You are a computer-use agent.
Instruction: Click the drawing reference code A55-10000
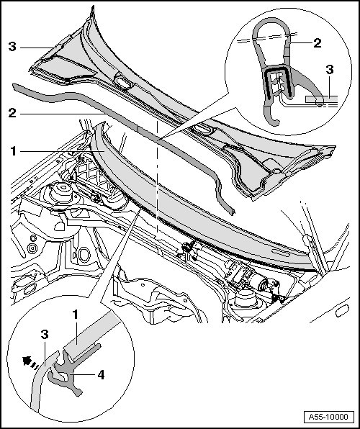tap(328, 417)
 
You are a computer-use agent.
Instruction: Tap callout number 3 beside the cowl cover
tap(12, 47)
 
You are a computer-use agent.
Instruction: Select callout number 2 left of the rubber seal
tap(12, 113)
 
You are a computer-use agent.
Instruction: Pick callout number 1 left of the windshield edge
tap(13, 151)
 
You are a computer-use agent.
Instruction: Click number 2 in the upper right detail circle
tap(318, 43)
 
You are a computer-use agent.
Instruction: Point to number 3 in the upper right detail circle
tap(330, 70)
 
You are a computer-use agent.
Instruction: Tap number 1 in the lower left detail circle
tap(76, 315)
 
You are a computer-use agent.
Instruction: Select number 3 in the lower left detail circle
tap(45, 334)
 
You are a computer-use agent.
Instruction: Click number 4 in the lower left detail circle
tap(101, 375)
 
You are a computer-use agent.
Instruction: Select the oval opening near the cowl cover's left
tap(123, 82)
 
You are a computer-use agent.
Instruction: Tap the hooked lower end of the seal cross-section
tap(271, 117)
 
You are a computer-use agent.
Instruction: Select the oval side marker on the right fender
tap(343, 311)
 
